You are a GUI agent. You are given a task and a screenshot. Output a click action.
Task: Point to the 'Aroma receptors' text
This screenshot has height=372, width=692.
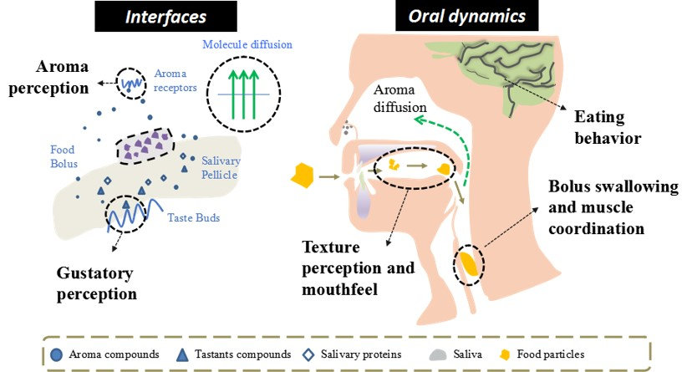[x=175, y=80]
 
